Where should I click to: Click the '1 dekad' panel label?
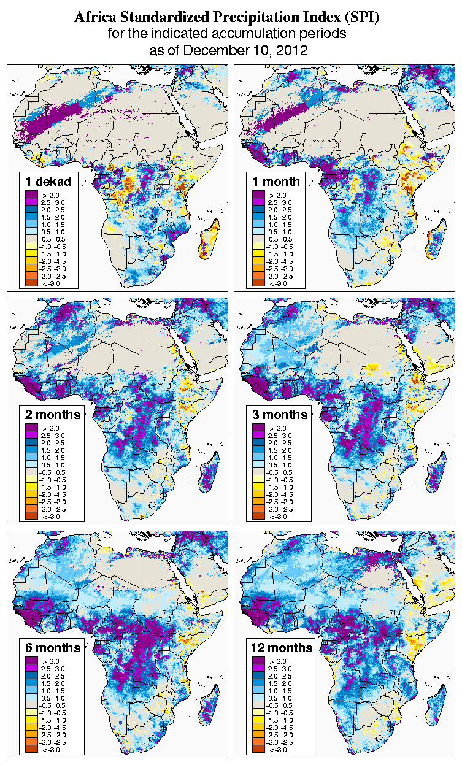tap(48, 181)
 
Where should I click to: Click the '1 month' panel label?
tap(276, 181)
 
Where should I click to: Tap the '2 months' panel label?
tap(53, 415)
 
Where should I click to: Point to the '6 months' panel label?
tap(53, 648)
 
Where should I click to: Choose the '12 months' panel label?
tap(282, 648)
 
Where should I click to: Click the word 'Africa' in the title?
tap(94, 18)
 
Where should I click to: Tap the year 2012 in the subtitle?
tap(291, 50)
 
